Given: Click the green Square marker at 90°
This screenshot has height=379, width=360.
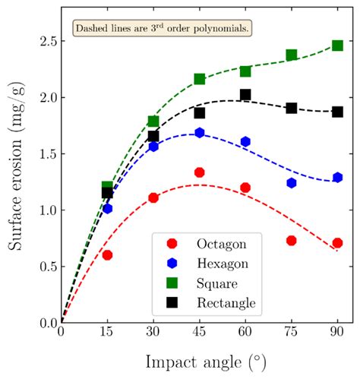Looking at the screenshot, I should [x=337, y=46].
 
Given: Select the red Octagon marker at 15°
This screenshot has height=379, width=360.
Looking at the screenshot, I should [x=107, y=255].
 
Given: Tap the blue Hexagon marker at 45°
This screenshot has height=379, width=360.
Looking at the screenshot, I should [x=200, y=133].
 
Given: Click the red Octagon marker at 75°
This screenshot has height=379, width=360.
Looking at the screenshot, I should [x=291, y=241].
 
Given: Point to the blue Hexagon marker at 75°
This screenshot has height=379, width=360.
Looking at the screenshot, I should [x=291, y=183].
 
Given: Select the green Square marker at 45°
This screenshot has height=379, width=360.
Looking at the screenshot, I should [x=200, y=79].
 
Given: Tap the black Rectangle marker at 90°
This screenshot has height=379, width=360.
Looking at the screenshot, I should [x=337, y=112].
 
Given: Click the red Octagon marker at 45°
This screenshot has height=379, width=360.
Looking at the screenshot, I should [x=200, y=172].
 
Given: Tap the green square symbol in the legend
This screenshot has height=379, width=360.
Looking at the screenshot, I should [x=172, y=283].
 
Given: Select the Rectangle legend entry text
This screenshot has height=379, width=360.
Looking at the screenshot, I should [x=226, y=304].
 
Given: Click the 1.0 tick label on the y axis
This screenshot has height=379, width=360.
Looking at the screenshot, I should [x=45, y=210].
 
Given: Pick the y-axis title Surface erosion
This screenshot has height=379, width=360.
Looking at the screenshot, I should [x=16, y=180].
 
